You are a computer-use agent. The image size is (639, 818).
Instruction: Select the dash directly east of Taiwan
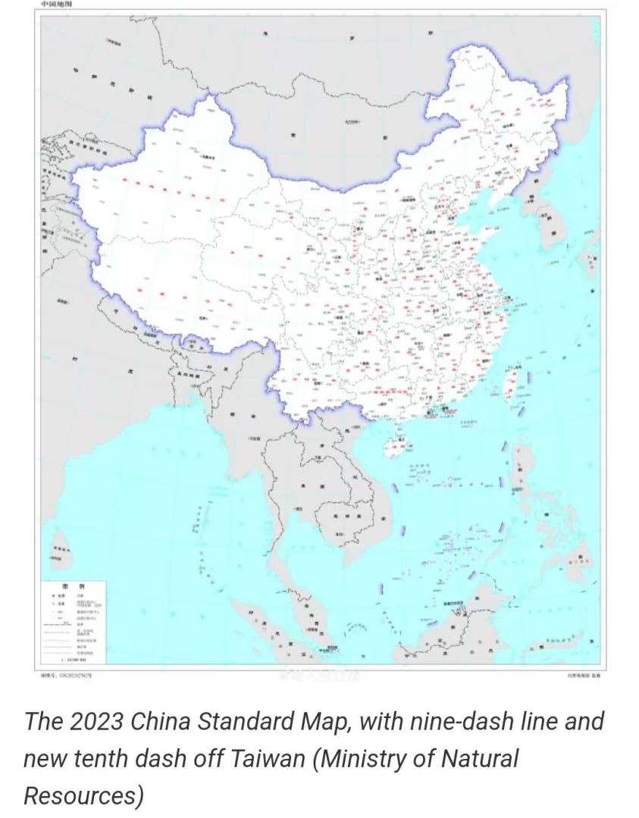coord(529,376)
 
